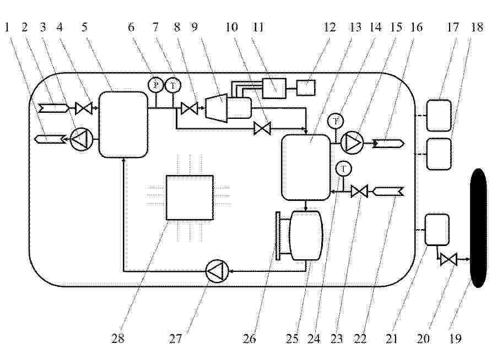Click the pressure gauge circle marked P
click(x=155, y=85)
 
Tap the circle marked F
click(x=336, y=121)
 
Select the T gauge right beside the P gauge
click(x=173, y=85)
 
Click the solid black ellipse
click(x=478, y=228)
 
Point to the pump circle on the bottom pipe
click(x=217, y=271)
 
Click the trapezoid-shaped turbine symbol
click(x=217, y=108)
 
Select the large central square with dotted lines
click(x=190, y=198)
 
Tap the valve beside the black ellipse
click(x=449, y=259)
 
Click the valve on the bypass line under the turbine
click(x=262, y=129)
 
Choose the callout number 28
click(x=117, y=339)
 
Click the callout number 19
click(x=455, y=339)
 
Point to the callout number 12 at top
click(x=329, y=27)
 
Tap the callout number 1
click(x=7, y=27)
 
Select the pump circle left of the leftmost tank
click(x=81, y=139)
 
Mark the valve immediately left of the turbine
click(x=189, y=108)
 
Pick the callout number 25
click(x=292, y=339)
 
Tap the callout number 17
click(x=452, y=27)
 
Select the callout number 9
click(x=195, y=27)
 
